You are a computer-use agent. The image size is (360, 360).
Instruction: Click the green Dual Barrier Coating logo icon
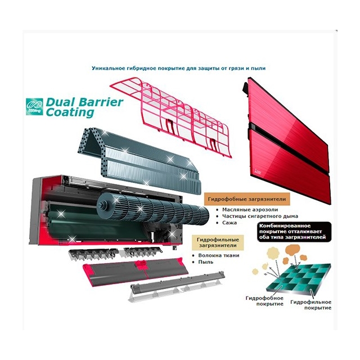click(34, 106)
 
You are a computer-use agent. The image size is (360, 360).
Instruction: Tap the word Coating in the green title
click(70, 112)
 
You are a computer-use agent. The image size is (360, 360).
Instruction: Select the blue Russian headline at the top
click(179, 68)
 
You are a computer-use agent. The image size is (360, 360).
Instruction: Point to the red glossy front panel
click(287, 140)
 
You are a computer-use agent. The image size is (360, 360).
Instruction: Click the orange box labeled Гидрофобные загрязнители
click(247, 199)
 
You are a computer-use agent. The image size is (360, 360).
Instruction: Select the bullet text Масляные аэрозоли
click(250, 210)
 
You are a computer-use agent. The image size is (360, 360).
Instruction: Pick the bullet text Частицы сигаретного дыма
click(260, 216)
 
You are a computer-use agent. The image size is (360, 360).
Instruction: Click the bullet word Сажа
click(229, 223)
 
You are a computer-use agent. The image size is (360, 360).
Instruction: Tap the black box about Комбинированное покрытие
click(294, 232)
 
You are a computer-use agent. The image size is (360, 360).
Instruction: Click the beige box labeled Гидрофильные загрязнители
click(218, 242)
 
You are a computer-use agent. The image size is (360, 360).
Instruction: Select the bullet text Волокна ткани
click(219, 255)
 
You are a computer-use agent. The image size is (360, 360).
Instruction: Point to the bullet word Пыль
click(206, 262)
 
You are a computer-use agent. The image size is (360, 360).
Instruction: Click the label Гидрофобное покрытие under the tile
click(264, 301)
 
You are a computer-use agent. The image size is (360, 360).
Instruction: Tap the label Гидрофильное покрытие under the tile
click(311, 305)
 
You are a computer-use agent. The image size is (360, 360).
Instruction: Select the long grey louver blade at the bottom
click(177, 286)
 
